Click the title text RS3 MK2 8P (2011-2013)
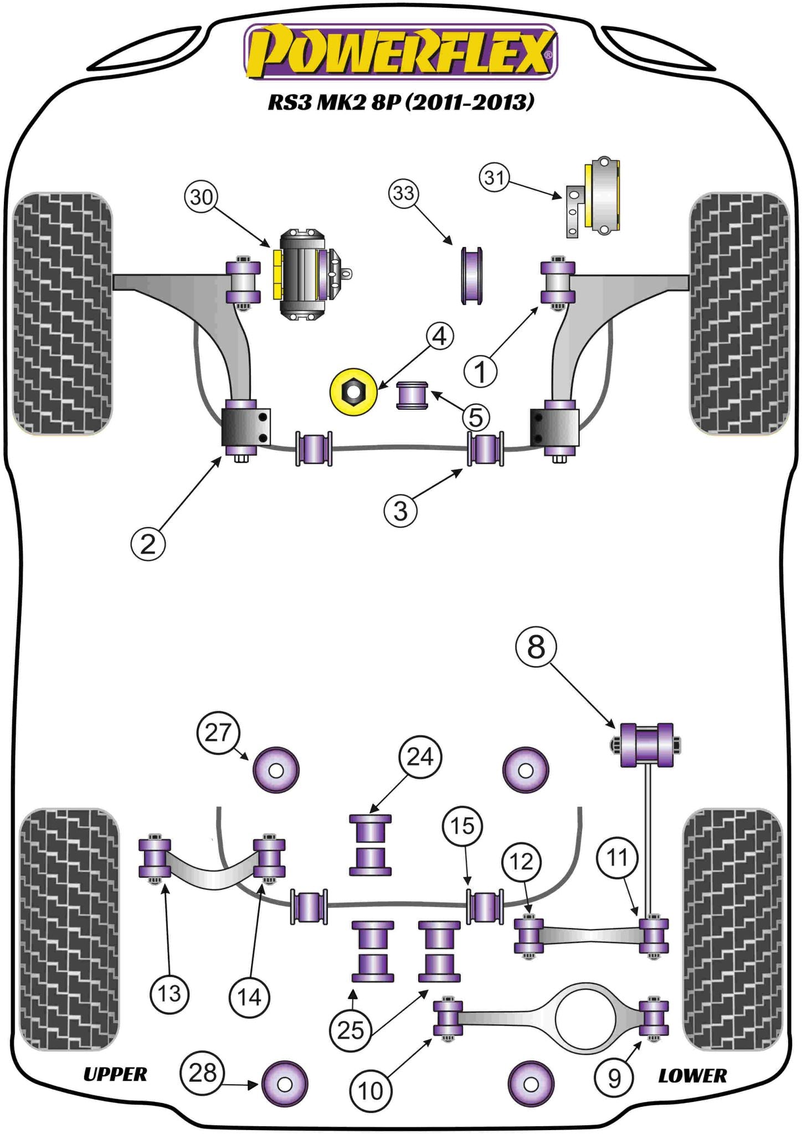click(x=401, y=102)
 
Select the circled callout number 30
click(x=201, y=197)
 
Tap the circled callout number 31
click(x=494, y=178)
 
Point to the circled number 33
click(x=404, y=193)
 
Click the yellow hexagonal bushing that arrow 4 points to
click(x=353, y=393)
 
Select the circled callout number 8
click(x=536, y=647)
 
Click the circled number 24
click(x=420, y=756)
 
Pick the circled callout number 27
click(x=218, y=733)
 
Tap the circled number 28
click(x=202, y=1073)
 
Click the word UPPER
click(x=115, y=1074)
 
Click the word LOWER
click(x=692, y=1075)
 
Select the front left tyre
click(x=62, y=313)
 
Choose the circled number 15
click(x=462, y=826)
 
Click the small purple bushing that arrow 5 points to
click(x=412, y=395)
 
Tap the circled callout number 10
click(x=370, y=1091)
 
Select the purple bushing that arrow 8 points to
click(x=646, y=745)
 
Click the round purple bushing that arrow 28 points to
click(x=284, y=1084)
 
